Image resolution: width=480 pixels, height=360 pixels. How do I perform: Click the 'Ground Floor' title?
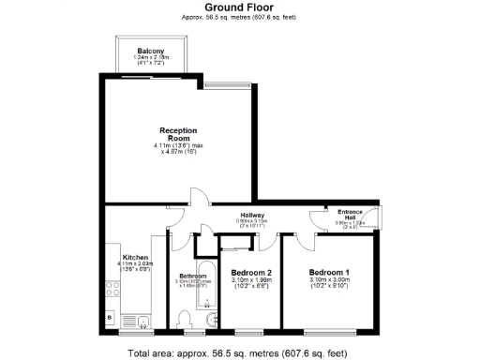point(239,7)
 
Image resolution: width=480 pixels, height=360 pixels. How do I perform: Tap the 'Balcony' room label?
point(150,50)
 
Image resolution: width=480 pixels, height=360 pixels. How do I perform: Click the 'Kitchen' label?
point(135,257)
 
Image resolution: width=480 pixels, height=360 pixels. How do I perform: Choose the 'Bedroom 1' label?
point(328,273)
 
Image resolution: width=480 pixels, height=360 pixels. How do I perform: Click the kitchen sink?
point(143,322)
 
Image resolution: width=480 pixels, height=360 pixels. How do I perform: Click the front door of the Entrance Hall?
point(380,219)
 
